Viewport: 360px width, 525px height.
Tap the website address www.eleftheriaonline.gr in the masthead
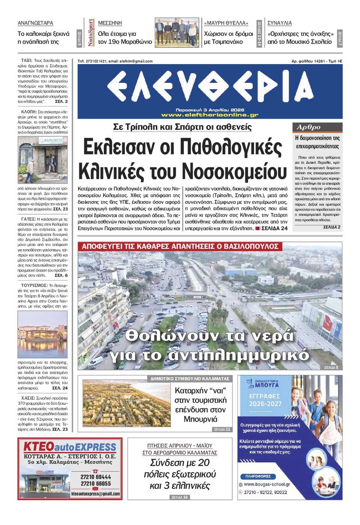pyautogui.click(x=210, y=115)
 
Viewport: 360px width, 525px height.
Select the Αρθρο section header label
pyautogui.click(x=309, y=127)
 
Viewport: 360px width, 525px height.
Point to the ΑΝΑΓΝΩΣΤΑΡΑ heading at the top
pyautogui.click(x=35, y=23)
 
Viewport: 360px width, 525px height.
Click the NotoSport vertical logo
pyautogui.click(x=90, y=33)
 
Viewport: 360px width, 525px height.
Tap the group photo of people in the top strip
pyautogui.click(x=177, y=33)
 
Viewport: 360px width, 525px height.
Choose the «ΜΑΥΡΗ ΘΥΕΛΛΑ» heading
pyautogui.click(x=226, y=23)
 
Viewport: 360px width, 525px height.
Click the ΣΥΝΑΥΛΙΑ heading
pyautogui.click(x=279, y=23)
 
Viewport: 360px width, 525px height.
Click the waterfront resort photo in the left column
pyautogui.click(x=42, y=334)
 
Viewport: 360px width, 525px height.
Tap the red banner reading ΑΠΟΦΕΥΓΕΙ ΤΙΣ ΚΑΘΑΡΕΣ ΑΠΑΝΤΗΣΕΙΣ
pyautogui.click(x=180, y=246)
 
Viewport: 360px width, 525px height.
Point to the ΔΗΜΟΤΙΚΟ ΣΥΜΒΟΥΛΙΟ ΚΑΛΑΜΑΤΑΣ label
pyautogui.click(x=189, y=379)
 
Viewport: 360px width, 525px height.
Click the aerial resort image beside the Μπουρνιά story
pyautogui.click(x=126, y=403)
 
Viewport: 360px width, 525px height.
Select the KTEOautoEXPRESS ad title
pyautogui.click(x=70, y=447)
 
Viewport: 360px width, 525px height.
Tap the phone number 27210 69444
pyautogui.click(x=96, y=477)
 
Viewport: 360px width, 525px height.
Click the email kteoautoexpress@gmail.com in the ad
pyautogui.click(x=96, y=494)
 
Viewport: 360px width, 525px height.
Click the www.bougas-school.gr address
pyautogui.click(x=267, y=484)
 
